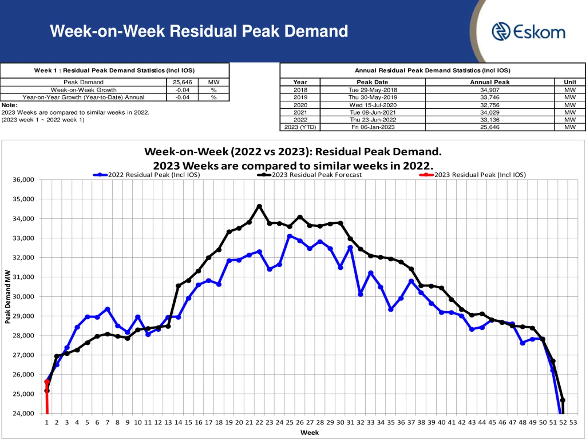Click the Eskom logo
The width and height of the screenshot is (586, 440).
point(529,32)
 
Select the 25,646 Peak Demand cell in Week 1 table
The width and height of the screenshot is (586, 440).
point(182,82)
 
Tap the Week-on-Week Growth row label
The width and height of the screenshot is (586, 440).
point(84,90)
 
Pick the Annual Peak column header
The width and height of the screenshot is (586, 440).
point(490,82)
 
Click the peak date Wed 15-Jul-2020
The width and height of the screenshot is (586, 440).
point(373,105)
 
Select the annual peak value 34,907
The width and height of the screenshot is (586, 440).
point(490,90)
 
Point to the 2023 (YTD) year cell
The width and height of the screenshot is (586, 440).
point(300,127)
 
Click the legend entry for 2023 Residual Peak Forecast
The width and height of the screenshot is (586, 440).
point(316,175)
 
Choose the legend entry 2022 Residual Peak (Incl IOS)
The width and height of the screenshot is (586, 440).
point(154,175)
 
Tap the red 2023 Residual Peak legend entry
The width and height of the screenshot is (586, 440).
point(480,175)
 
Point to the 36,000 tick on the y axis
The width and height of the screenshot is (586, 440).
point(23,180)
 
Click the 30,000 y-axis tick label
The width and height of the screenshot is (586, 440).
point(23,297)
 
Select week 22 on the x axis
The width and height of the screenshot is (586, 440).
point(259,423)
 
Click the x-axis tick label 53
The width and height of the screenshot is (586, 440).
point(573,423)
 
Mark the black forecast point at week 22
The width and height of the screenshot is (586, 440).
point(260,206)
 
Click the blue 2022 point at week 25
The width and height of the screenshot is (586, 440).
point(290,236)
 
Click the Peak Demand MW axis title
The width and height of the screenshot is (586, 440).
point(8,297)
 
